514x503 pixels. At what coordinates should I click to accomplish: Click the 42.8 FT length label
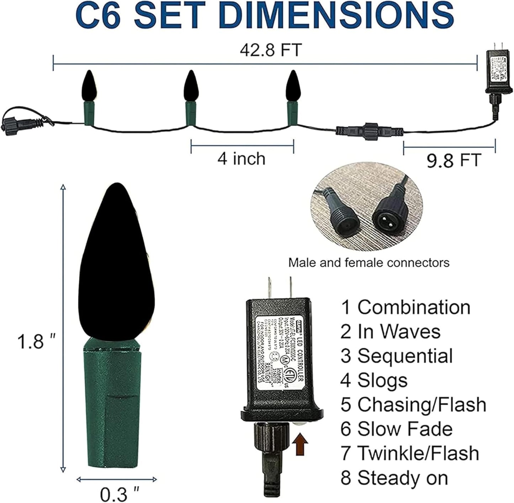point(271,50)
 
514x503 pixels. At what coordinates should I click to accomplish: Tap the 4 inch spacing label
point(242,159)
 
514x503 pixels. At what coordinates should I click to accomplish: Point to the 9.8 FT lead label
point(454,160)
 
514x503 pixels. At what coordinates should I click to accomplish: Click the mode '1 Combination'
point(406,307)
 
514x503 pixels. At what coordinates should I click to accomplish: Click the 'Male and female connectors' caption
point(369,263)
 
